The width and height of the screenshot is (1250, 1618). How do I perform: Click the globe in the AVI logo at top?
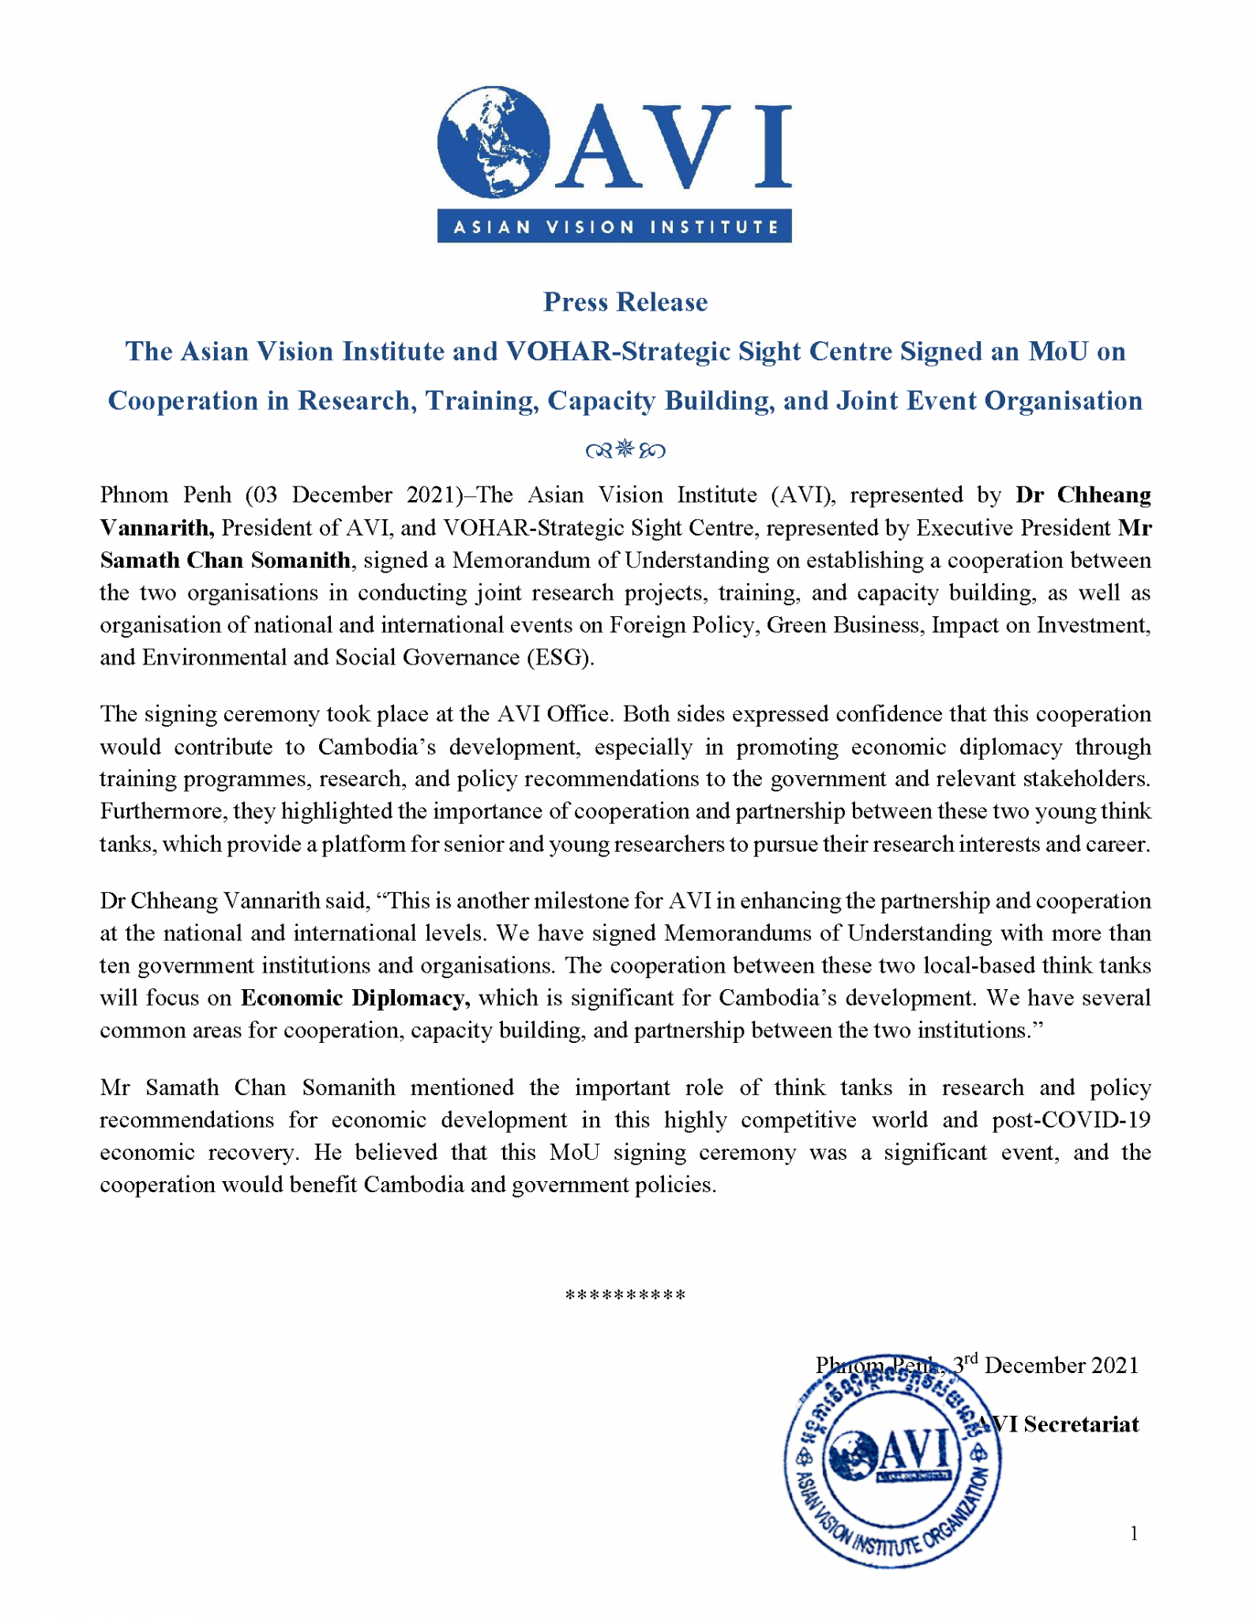pos(493,142)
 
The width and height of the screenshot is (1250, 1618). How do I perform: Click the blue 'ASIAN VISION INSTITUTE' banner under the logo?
pos(614,227)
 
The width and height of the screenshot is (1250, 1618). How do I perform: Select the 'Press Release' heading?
pos(625,302)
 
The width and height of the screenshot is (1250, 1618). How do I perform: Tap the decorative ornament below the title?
pos(625,450)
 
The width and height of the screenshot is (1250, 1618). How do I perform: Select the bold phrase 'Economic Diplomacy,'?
pos(355,999)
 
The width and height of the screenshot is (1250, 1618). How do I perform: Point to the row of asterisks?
pos(625,1295)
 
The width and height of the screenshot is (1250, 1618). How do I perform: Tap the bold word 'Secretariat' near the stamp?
pos(1081,1424)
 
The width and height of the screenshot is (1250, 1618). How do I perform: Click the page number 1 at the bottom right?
pos(1134,1533)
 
